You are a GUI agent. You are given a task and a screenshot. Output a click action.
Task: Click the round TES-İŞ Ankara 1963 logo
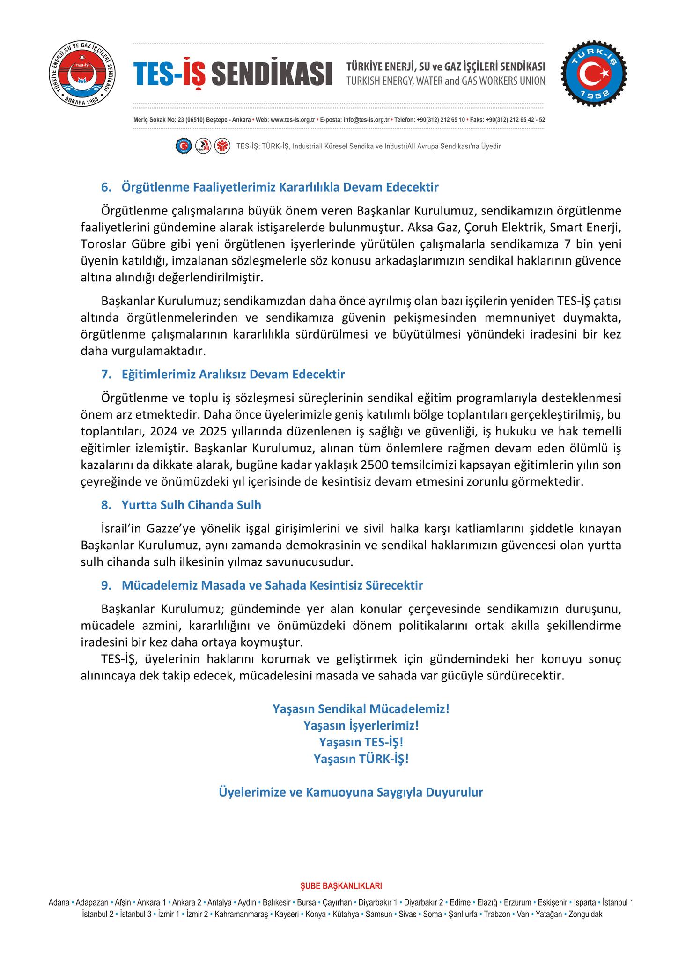coord(82,75)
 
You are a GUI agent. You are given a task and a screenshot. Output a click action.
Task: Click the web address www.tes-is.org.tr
coord(293,120)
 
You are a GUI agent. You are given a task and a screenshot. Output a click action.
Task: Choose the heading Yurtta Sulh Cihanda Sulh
coord(191,505)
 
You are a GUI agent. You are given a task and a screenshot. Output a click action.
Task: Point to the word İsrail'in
coord(121,529)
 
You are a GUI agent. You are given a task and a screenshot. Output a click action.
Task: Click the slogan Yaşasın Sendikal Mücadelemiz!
coord(361,708)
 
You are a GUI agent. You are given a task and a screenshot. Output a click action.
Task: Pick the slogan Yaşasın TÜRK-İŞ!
coord(361,759)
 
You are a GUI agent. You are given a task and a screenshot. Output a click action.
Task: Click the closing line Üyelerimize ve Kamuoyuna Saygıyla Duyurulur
coord(351,792)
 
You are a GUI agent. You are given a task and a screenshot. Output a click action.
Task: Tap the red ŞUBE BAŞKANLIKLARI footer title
coord(341,886)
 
